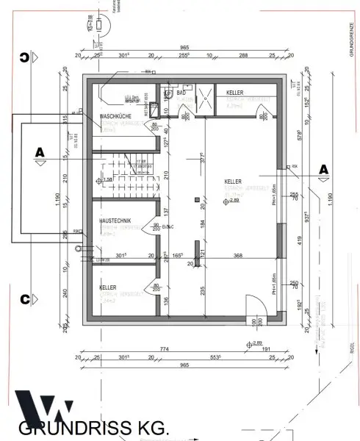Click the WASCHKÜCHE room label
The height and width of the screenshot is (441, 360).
pyautogui.click(x=116, y=117)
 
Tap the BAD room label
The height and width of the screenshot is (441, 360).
pyautogui.click(x=181, y=93)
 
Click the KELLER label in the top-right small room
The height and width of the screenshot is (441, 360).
pyautogui.click(x=235, y=93)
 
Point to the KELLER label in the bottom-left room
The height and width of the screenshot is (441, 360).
pyautogui.click(x=108, y=288)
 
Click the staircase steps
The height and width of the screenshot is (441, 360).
pyautogui.click(x=132, y=171)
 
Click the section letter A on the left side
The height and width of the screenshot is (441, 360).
pyautogui.click(x=40, y=152)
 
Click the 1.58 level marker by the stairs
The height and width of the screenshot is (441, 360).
pyautogui.click(x=107, y=180)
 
